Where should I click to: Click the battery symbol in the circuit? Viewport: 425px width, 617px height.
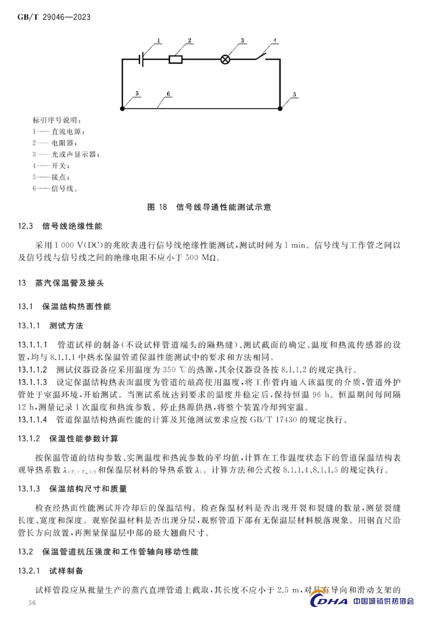pos(141,60)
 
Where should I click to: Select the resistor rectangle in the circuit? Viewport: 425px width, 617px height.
pos(176,60)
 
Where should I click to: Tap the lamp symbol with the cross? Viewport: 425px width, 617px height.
pos(225,60)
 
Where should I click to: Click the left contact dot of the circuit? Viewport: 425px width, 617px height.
pos(122,108)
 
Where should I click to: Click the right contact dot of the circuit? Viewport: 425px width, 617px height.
pos(280,108)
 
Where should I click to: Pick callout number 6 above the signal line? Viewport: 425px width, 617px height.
pos(168,94)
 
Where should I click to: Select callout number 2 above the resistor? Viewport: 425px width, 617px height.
pos(189,41)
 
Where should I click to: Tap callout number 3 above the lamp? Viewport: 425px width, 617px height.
pos(242,41)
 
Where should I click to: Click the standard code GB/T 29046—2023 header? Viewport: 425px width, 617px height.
pos(54,17)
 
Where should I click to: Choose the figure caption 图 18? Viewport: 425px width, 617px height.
pos(157,207)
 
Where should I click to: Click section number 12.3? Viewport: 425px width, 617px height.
pos(26,226)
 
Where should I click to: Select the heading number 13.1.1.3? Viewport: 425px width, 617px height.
pos(32,382)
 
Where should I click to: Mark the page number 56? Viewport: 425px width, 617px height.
pos(32,603)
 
